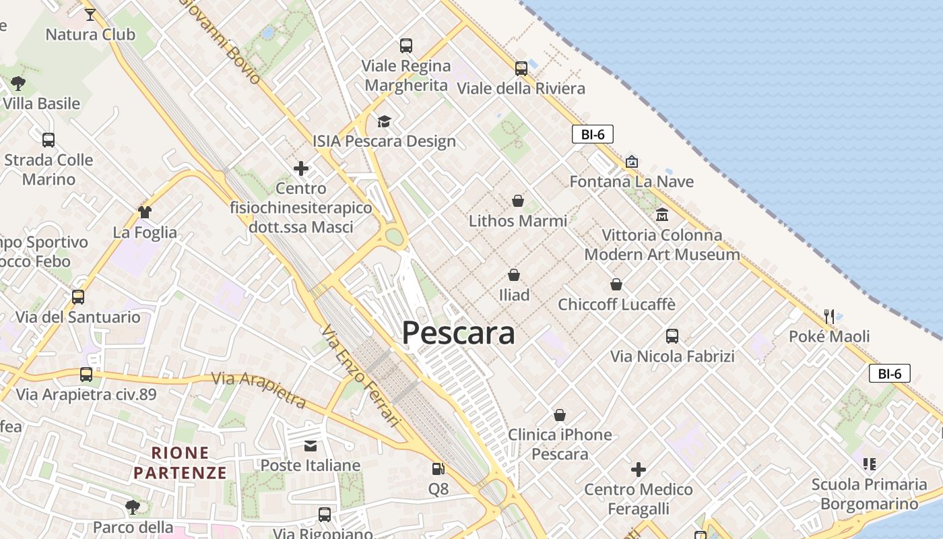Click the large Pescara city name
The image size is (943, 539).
[x=458, y=333]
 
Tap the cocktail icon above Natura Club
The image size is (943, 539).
[x=90, y=13]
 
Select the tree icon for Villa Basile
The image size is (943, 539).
[x=18, y=84]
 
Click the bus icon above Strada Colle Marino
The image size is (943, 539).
[x=48, y=140]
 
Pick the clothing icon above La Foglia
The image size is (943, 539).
[x=144, y=212]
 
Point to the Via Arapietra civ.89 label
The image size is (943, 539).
[x=86, y=394]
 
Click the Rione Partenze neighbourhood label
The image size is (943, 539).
[x=180, y=462]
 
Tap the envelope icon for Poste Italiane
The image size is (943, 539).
[x=310, y=445]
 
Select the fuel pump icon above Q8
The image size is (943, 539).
[x=438, y=469]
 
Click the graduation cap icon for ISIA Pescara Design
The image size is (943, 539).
[x=384, y=121]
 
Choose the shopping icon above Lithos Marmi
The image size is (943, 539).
[x=518, y=201]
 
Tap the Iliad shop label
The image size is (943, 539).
[x=514, y=294]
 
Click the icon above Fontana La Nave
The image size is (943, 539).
[x=631, y=162]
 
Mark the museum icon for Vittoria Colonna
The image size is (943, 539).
[x=661, y=215]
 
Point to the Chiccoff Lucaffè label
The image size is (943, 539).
[x=616, y=304]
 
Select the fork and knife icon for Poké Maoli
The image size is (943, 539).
[x=829, y=316]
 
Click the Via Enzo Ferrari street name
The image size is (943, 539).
[x=360, y=376]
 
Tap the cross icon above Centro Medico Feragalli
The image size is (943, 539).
[x=638, y=469]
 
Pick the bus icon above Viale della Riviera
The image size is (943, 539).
[x=521, y=68]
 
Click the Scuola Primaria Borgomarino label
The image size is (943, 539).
[x=869, y=494]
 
